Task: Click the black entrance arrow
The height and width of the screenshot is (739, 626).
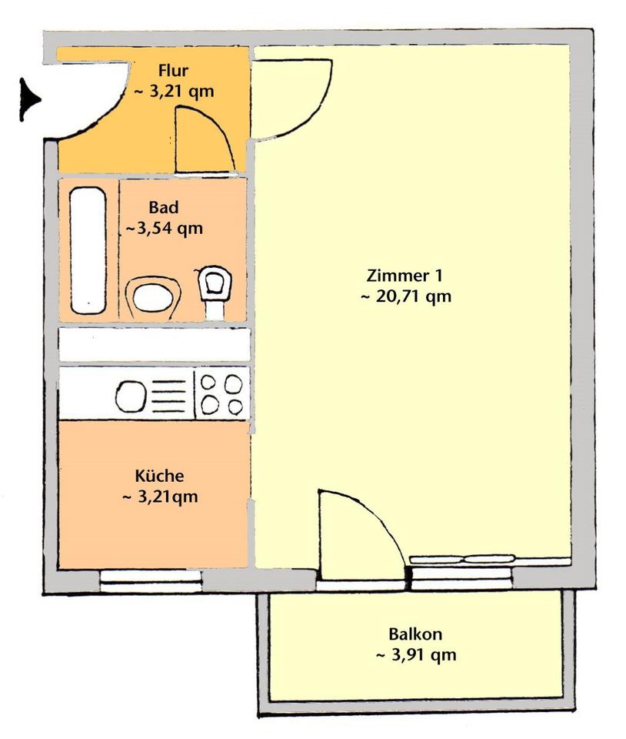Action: point(30,100)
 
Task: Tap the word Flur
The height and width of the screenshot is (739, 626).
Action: point(173,71)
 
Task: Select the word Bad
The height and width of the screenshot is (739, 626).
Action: point(164,207)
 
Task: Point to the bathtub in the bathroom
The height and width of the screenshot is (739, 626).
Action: point(88,251)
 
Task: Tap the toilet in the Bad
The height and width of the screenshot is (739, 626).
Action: point(215,291)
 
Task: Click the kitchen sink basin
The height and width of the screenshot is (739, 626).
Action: point(131,396)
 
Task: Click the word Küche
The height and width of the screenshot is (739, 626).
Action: point(159,476)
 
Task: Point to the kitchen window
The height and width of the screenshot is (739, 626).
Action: point(151,581)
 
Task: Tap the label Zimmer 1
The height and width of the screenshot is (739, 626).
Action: point(405,276)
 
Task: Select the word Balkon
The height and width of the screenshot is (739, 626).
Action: point(415,634)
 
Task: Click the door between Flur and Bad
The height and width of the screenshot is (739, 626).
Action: point(205,140)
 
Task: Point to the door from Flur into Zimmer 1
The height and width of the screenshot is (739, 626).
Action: point(291,99)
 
